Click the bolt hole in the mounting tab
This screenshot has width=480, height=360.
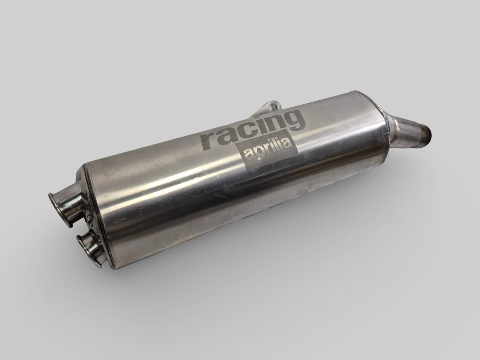(273, 107)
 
